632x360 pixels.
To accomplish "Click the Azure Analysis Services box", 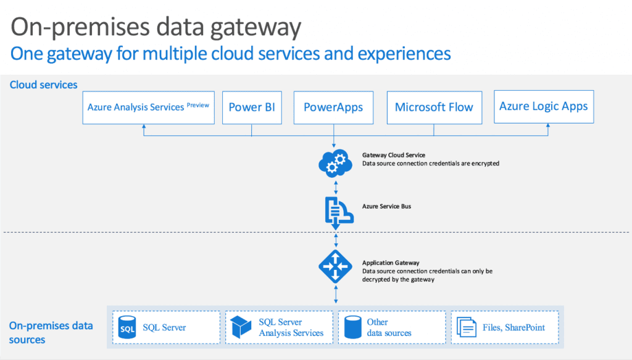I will click(148, 107).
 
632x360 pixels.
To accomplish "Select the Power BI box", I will click(252, 107).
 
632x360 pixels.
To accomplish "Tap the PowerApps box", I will click(333, 107).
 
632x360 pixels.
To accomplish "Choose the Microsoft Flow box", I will click(434, 107).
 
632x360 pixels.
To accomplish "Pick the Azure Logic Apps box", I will click(543, 106).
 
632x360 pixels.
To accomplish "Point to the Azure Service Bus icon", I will click(335, 210).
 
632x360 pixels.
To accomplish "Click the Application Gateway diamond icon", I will click(335, 267).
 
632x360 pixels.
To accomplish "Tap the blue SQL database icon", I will click(127, 328).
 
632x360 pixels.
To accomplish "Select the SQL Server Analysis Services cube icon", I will click(241, 328).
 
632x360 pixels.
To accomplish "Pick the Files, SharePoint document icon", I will click(466, 328).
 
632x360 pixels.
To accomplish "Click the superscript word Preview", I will click(198, 104).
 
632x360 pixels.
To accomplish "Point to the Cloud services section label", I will click(44, 85).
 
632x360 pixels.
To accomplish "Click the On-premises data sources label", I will click(51, 332).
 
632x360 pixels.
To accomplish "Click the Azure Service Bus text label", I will click(386, 206).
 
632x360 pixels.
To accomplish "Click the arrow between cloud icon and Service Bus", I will click(335, 185).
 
